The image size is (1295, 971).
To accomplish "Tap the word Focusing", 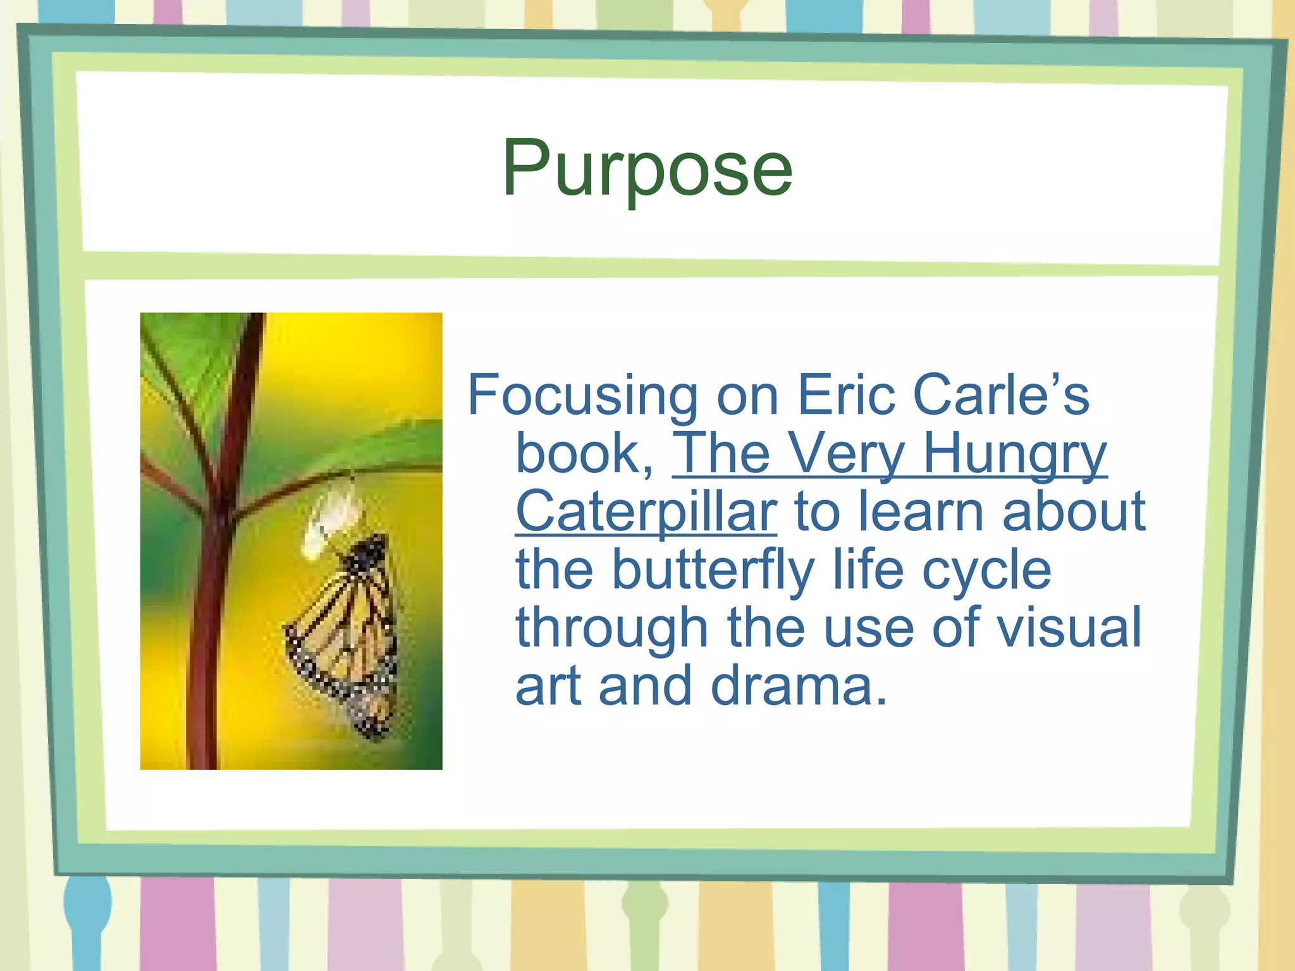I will (582, 396).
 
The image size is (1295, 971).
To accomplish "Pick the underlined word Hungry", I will (1014, 454).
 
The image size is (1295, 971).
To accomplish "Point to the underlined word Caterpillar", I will (646, 512).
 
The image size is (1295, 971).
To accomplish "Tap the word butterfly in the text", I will (713, 570).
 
